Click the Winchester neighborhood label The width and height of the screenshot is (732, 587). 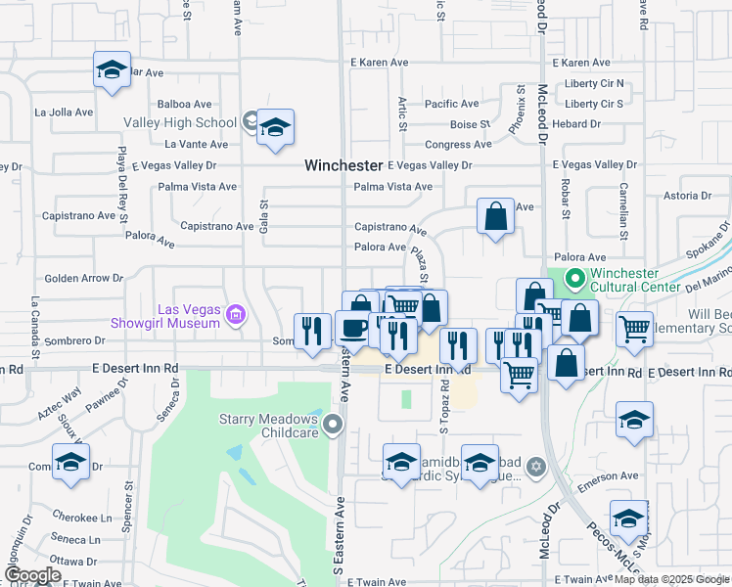(x=343, y=165)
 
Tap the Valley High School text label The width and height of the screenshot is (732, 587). (x=180, y=122)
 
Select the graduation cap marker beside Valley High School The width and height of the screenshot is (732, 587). (x=276, y=127)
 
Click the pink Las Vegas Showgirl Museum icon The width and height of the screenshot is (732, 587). (x=235, y=315)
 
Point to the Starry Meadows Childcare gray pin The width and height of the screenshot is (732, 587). (x=334, y=425)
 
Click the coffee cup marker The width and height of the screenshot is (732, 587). (x=352, y=328)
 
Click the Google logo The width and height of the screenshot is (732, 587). (x=32, y=575)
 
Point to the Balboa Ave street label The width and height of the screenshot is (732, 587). (x=185, y=104)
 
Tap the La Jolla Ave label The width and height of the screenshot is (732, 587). (x=64, y=112)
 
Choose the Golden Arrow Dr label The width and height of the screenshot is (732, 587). (x=83, y=278)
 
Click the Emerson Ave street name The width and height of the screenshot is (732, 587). (x=610, y=476)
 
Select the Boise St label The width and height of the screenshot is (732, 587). (x=470, y=124)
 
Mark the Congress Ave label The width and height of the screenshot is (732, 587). (x=458, y=144)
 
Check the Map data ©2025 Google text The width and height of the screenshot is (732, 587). (x=671, y=579)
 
